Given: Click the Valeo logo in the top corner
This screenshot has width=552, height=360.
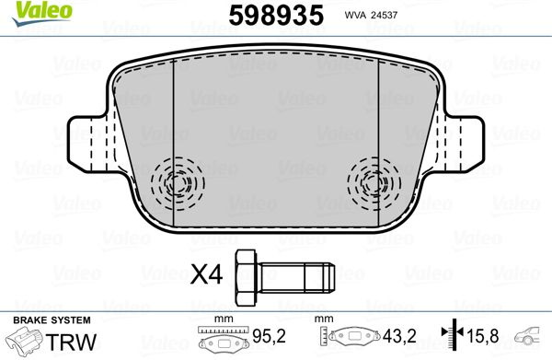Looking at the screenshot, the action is coord(41,13).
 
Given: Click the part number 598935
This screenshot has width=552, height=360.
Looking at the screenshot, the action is coord(276,15).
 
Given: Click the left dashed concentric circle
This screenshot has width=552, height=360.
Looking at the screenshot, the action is coord(178,183).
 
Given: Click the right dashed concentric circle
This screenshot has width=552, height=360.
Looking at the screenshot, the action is coord(374,183).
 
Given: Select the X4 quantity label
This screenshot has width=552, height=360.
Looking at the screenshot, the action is coord(206,274).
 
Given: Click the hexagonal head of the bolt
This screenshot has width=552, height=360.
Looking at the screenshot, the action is coord(247,277).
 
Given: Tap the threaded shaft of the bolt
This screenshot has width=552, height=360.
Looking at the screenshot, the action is coord(296,277).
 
